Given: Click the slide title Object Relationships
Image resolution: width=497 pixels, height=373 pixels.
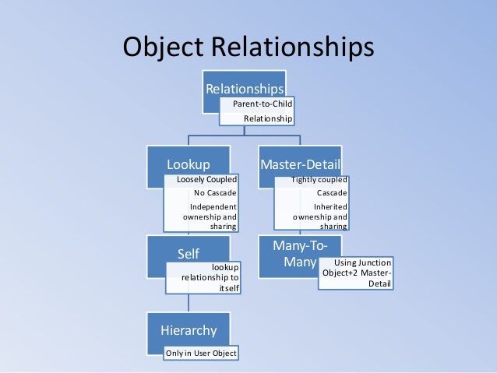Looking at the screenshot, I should (x=248, y=48).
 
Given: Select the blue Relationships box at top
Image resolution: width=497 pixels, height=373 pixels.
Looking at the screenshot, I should (x=245, y=88).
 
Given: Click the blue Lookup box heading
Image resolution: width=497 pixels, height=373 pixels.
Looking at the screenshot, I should (x=188, y=164).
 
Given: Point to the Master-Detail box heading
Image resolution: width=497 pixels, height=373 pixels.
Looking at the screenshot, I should (x=300, y=164).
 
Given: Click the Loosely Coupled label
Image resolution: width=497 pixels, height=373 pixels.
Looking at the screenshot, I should (x=206, y=180).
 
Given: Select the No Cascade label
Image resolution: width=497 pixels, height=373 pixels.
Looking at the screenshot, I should (x=215, y=193).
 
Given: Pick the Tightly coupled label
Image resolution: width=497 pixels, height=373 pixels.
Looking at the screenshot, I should (x=319, y=180).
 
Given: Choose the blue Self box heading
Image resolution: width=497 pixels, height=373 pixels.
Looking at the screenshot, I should (x=189, y=254).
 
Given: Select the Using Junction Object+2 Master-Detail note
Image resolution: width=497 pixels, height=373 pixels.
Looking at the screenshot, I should (x=357, y=273).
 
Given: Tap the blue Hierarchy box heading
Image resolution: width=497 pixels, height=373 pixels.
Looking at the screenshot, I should (x=189, y=329).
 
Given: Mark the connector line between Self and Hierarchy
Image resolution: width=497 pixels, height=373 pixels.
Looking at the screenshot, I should (x=188, y=304).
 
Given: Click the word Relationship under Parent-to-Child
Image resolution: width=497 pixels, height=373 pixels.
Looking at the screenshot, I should (x=268, y=118).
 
